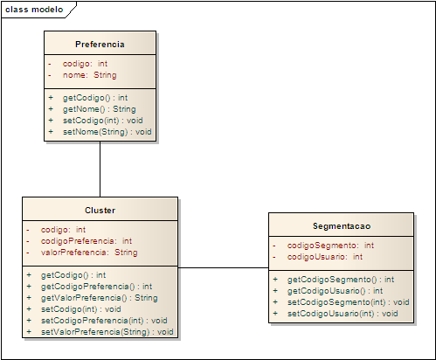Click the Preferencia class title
click(100, 45)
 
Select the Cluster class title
click(100, 211)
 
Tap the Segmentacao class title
click(342, 226)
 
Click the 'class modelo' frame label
click(34, 10)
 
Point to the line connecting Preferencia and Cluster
click(100, 170)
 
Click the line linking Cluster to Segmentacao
click(223, 267)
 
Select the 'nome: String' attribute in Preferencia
click(90, 75)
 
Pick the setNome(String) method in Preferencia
click(107, 132)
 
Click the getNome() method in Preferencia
click(100, 109)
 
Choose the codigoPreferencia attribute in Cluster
click(87, 241)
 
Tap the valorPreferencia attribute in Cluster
click(89, 253)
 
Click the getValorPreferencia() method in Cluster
click(100, 298)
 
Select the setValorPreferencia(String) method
click(107, 332)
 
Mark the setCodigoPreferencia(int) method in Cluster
click(104, 321)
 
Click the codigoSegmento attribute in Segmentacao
click(330, 246)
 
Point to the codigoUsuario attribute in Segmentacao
click(325, 257)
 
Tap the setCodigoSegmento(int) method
click(349, 302)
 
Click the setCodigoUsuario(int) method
click(343, 314)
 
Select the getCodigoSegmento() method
click(341, 280)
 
